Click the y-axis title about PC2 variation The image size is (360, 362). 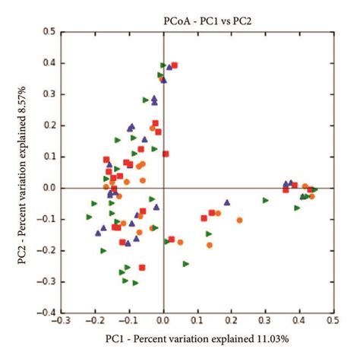pos(24,172)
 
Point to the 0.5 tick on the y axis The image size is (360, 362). pos(49,32)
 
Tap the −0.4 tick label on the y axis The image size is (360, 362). pos(47,313)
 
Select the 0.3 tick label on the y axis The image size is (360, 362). pos(49,94)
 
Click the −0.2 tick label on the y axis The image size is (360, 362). pos(47,250)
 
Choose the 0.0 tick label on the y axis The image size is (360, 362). pos(49,188)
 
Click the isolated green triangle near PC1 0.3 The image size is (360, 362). pos(265,200)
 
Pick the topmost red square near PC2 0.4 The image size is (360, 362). pos(175,66)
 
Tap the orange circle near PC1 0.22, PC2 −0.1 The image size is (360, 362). pos(239,220)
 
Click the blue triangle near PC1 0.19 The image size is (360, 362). pos(227,202)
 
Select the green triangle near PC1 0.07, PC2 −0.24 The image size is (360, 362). pos(186,264)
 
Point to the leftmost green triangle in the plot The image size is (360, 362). pos(90,217)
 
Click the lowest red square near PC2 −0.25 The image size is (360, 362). pos(141,266)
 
